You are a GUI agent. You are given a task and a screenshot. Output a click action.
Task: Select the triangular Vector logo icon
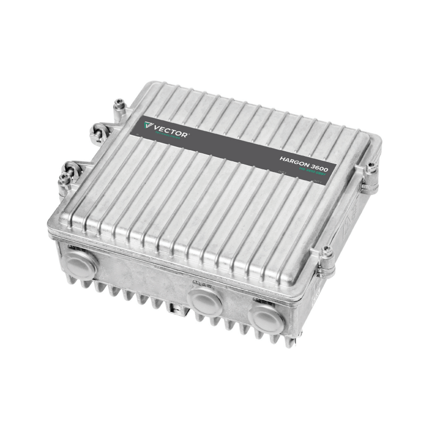[x=148, y=126]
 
